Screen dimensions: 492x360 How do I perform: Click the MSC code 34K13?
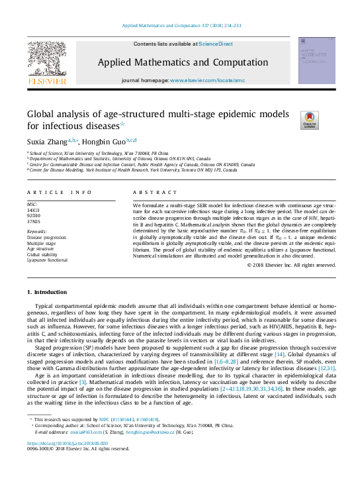pos(33,211)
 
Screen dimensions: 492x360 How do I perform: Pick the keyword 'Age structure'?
pos(40,248)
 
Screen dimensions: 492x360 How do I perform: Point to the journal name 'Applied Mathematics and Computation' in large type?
pos(178,62)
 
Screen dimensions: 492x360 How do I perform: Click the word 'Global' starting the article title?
pos(44,114)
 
